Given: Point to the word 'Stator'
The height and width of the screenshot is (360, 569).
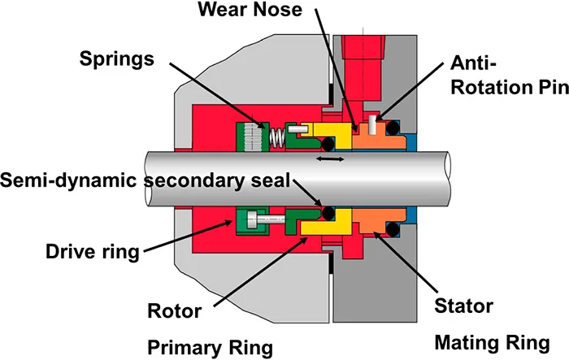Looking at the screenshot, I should [x=463, y=306].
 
